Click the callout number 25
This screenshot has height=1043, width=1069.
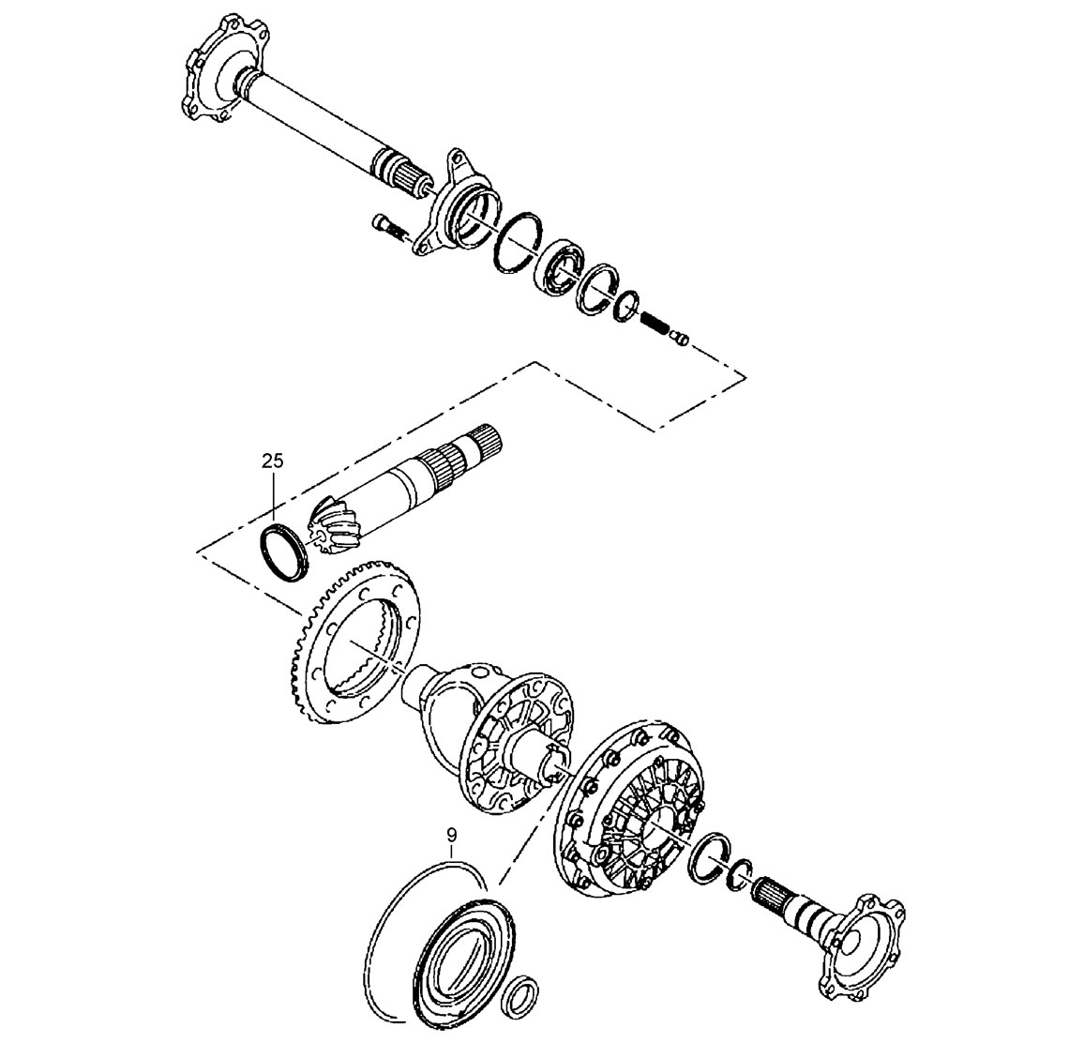click(x=272, y=461)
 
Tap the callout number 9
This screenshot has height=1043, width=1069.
click(x=450, y=834)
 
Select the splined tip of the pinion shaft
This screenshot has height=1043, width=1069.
click(x=483, y=438)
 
